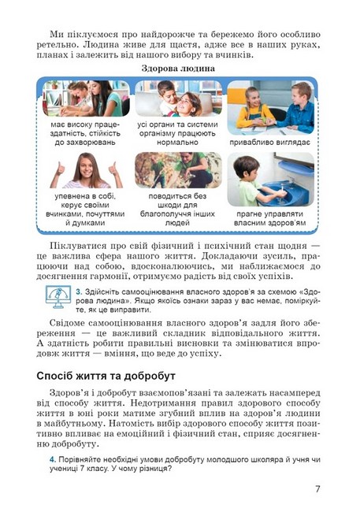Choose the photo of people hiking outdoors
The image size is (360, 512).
[x=178, y=169]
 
